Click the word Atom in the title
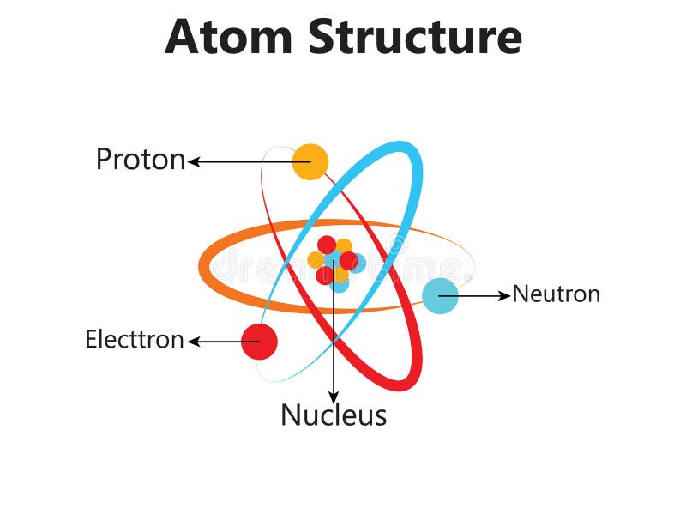[229, 36]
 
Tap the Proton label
[140, 160]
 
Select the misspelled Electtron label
[134, 340]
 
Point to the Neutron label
[556, 294]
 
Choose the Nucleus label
[334, 415]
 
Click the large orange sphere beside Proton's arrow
[310, 161]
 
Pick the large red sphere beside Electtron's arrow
[259, 342]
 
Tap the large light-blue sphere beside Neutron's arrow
[440, 295]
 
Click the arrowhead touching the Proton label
[194, 161]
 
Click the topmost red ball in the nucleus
[327, 245]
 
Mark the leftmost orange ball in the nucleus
[316, 260]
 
